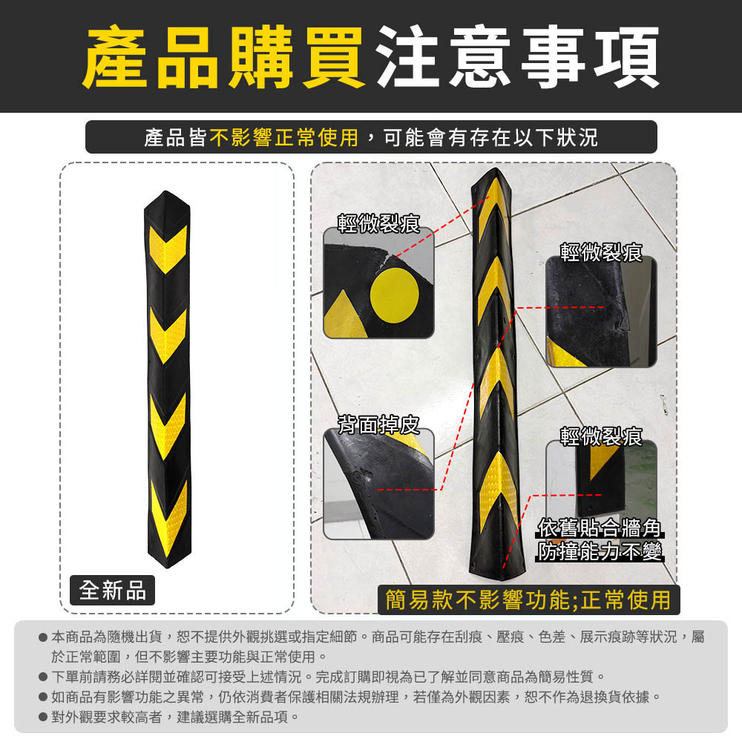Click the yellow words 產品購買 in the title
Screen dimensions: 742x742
pyautogui.click(x=223, y=57)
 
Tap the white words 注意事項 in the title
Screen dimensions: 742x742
pyautogui.click(x=518, y=57)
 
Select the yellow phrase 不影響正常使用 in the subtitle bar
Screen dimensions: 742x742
pyautogui.click(x=284, y=138)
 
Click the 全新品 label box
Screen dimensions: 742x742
pyautogui.click(x=112, y=590)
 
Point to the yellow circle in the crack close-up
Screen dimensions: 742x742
pyautogui.click(x=394, y=295)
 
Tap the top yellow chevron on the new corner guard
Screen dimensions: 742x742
pyautogui.click(x=168, y=249)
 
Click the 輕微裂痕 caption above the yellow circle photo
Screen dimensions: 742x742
pyautogui.click(x=378, y=223)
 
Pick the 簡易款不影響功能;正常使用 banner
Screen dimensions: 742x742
pyautogui.click(x=528, y=600)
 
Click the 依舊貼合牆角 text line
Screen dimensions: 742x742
pyautogui.click(x=600, y=528)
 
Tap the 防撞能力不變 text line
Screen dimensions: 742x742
pyautogui.click(x=600, y=551)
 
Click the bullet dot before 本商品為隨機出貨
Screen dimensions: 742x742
pyautogui.click(x=43, y=637)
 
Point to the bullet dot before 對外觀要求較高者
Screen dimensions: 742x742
pyautogui.click(x=43, y=718)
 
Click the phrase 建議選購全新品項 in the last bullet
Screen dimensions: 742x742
pyautogui.click(x=233, y=717)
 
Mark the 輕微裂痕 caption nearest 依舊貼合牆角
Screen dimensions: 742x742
pyautogui.click(x=600, y=436)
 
